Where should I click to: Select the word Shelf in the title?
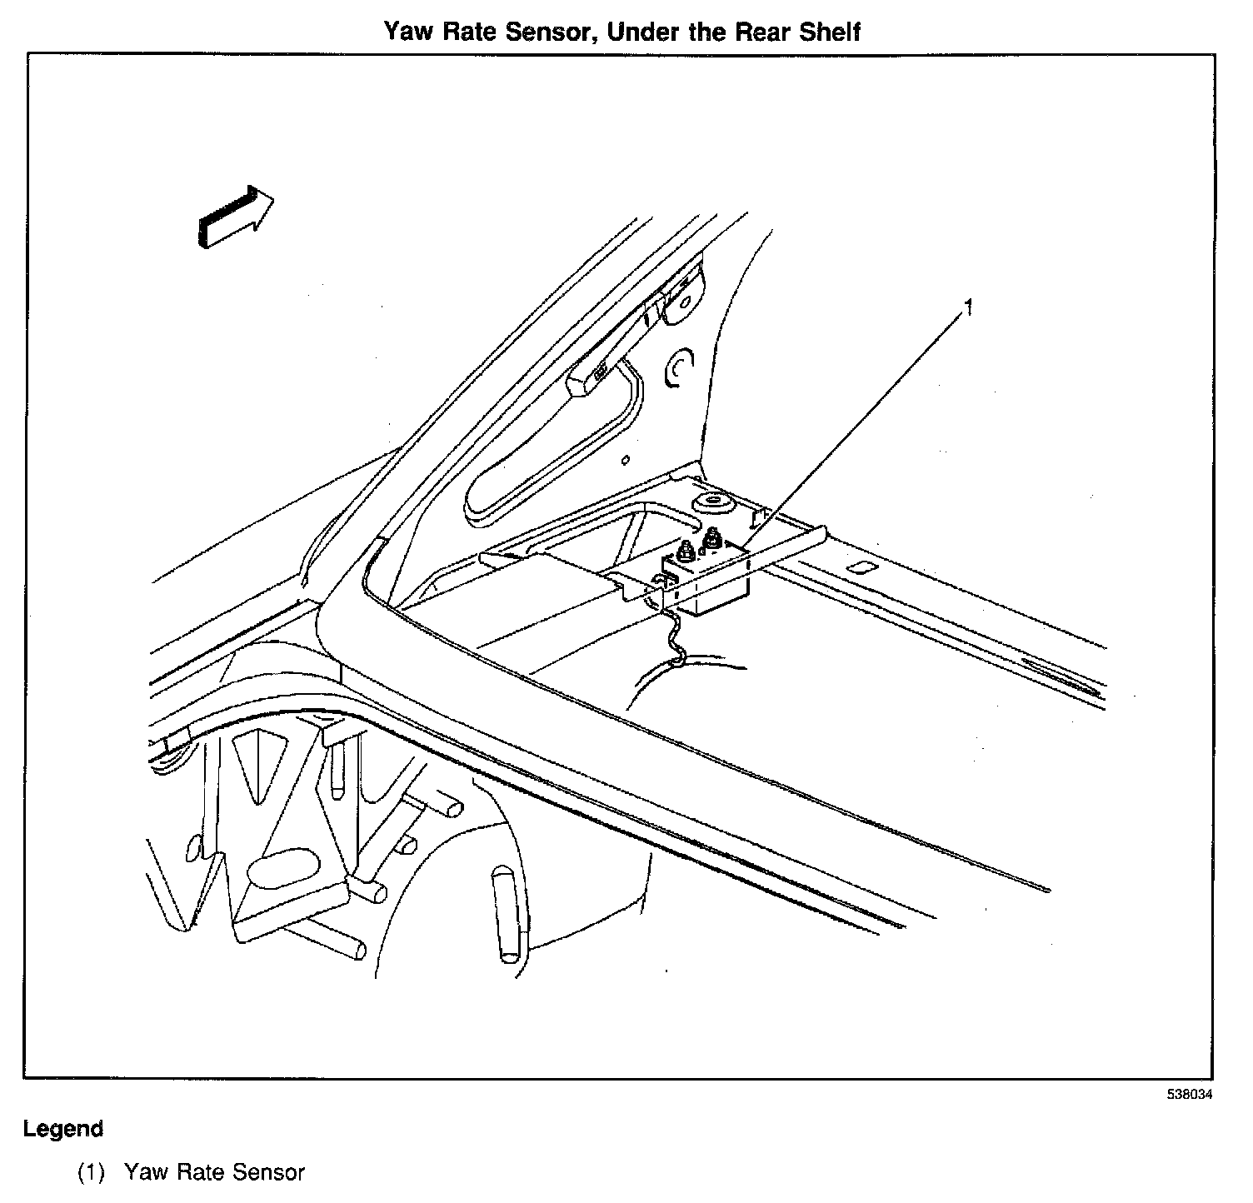click(x=827, y=32)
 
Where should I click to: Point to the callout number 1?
click(x=968, y=308)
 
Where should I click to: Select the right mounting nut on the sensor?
click(x=712, y=541)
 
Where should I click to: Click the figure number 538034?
click(x=1189, y=1094)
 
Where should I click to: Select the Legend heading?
click(x=63, y=1129)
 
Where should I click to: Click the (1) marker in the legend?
click(x=91, y=1172)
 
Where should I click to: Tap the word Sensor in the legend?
click(x=269, y=1172)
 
